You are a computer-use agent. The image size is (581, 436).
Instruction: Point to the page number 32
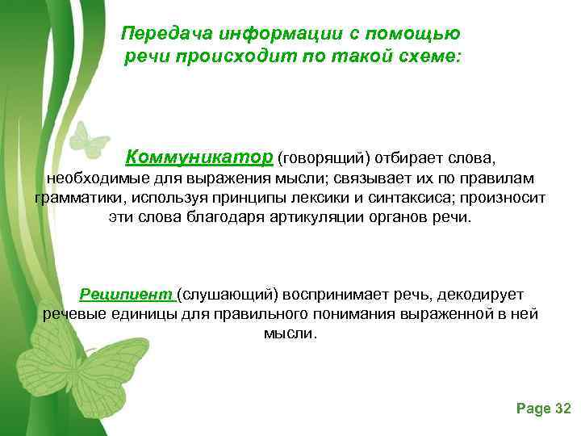click(563, 409)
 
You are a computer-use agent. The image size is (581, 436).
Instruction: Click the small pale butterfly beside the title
click(88, 141)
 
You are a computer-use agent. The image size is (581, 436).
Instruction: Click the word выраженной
click(445, 314)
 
